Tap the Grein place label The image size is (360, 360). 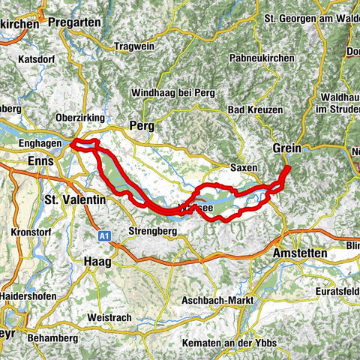(287, 147)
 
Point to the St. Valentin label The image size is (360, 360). (73, 200)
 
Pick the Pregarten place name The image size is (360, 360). (74, 22)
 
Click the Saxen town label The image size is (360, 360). (243, 167)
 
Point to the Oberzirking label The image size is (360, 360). (80, 118)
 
